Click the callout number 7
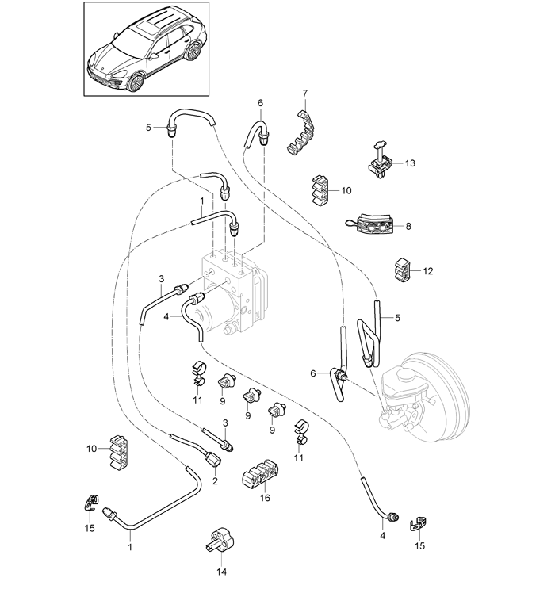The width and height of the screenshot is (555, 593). (305, 93)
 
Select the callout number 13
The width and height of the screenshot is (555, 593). (410, 163)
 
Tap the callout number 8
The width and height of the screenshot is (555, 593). (408, 226)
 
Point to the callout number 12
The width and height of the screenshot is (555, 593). (428, 271)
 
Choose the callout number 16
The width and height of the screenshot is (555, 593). (265, 498)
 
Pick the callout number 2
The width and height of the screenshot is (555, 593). (216, 481)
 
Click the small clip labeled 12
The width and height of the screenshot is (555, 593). (401, 270)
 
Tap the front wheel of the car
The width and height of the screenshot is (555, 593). (135, 82)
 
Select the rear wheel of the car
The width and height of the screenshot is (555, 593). (193, 51)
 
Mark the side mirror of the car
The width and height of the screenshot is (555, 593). (155, 56)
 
